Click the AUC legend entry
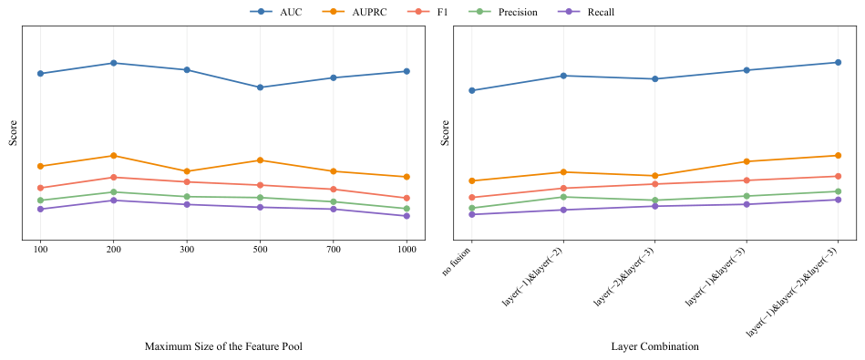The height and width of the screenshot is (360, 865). click(x=276, y=12)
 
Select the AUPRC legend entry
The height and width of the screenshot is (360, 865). click(x=354, y=12)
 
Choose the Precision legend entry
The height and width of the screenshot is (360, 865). click(x=507, y=12)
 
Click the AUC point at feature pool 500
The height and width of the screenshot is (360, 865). click(x=261, y=87)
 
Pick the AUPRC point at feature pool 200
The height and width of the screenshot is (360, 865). click(x=114, y=156)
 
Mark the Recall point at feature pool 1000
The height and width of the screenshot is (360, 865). click(x=407, y=216)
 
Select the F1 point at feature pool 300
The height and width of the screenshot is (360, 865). click(x=187, y=182)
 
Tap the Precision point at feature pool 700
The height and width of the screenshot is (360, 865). click(x=334, y=201)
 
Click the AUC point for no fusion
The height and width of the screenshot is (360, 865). click(x=471, y=90)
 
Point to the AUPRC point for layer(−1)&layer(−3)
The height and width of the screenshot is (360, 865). click(x=747, y=161)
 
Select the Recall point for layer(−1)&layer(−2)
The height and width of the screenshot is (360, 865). click(x=563, y=210)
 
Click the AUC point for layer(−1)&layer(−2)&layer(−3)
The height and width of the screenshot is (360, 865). click(x=838, y=62)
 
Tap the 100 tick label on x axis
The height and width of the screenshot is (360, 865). click(x=40, y=250)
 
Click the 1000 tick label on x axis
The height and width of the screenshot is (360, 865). click(x=407, y=250)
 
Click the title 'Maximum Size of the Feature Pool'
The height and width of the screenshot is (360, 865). click(x=223, y=346)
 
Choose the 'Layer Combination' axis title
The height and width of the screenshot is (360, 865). click(x=654, y=346)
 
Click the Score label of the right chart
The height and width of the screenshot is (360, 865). click(x=445, y=133)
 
